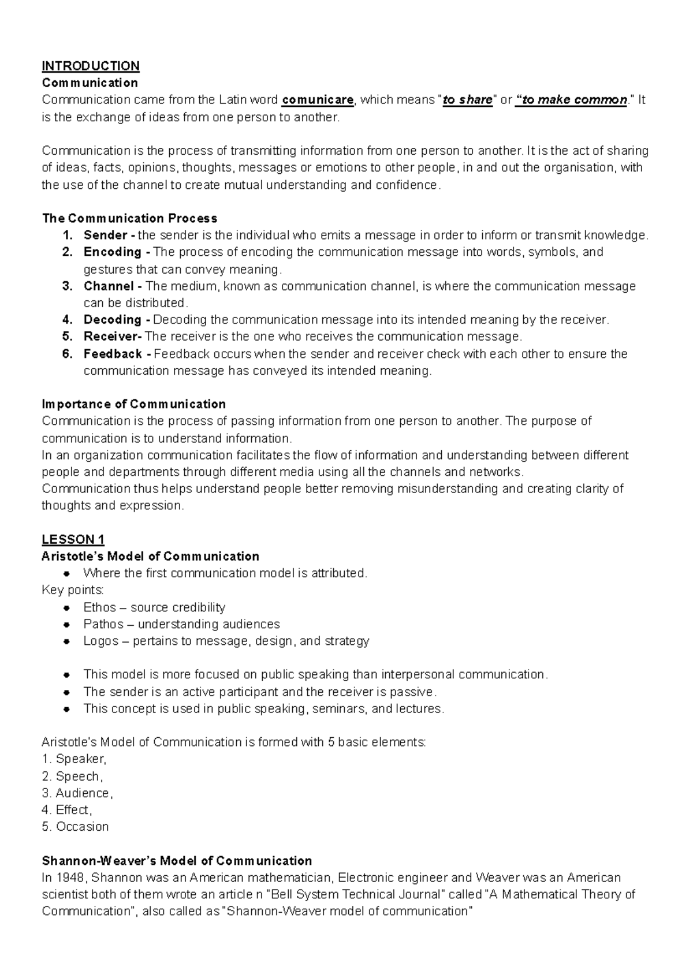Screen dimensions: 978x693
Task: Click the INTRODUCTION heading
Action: click(x=90, y=66)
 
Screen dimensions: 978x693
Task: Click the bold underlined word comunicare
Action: click(x=318, y=100)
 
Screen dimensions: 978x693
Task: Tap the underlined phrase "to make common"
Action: click(x=573, y=100)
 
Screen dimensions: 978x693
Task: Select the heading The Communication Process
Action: click(x=129, y=218)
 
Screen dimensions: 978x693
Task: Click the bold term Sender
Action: click(x=105, y=235)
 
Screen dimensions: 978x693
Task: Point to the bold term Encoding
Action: click(x=112, y=252)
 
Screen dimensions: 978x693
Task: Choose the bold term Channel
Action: click(x=109, y=286)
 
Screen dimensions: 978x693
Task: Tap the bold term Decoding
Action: click(x=112, y=320)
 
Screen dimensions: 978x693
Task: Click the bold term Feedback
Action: click(x=113, y=354)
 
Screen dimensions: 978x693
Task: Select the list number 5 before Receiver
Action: click(x=66, y=337)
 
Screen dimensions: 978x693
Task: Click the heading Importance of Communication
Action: click(x=133, y=404)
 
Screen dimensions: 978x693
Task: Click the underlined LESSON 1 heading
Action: click(x=73, y=540)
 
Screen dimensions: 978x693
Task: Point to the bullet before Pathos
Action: click(x=68, y=624)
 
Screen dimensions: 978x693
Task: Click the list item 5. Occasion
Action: click(x=75, y=827)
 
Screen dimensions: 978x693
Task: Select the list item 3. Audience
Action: click(x=77, y=793)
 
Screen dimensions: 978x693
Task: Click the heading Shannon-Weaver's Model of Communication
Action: click(x=177, y=861)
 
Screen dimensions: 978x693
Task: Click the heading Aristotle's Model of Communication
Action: click(x=150, y=557)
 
